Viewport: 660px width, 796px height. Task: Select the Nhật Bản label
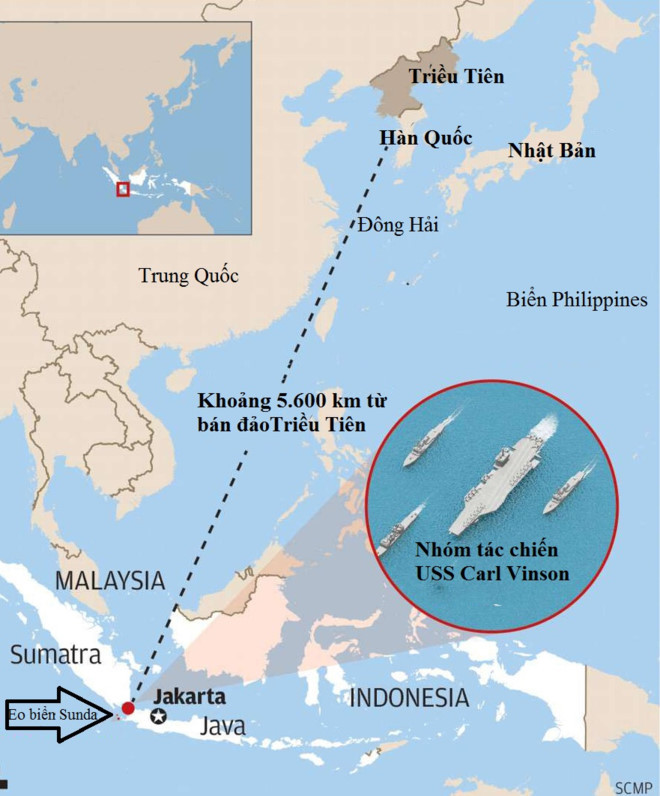click(x=551, y=151)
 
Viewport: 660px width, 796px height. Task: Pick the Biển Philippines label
click(x=577, y=299)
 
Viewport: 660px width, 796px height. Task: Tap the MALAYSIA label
click(x=110, y=579)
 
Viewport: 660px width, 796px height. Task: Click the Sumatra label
click(x=56, y=655)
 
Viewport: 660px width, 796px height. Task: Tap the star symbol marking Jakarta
click(x=158, y=716)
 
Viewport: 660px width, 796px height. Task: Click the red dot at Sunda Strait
click(x=128, y=709)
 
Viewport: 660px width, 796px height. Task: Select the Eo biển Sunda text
click(x=52, y=714)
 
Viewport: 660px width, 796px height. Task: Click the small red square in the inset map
click(x=123, y=188)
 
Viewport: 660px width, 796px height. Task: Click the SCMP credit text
click(x=635, y=785)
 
